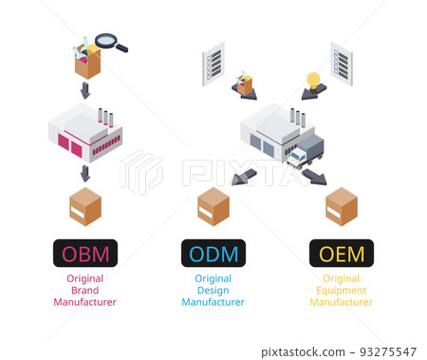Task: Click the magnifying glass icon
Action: point(111,43)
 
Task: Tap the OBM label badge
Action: point(85,253)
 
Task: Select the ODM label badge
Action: point(213,253)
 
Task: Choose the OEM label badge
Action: point(342,253)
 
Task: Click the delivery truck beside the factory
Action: point(306,150)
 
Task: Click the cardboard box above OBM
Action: point(85,205)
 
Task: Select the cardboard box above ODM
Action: point(213,205)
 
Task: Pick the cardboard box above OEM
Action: point(342,205)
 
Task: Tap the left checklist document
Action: point(213,63)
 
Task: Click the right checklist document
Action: point(342,63)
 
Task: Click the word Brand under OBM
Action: point(85,291)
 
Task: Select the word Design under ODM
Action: point(213,291)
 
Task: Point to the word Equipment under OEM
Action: point(342,291)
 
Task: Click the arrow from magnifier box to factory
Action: point(85,91)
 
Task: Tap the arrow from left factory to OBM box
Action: point(85,173)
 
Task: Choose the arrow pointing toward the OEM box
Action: point(314,177)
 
